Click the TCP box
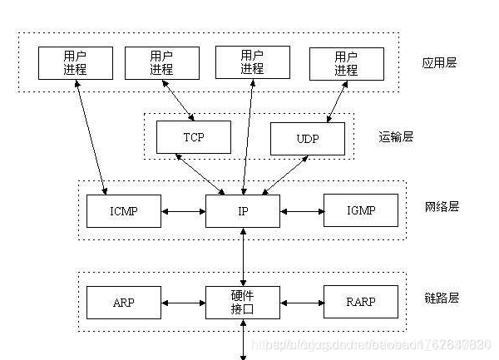(x=193, y=136)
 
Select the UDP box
(x=307, y=138)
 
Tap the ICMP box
(x=123, y=211)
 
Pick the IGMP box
(x=359, y=211)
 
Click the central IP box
(x=242, y=211)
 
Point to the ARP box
(x=123, y=303)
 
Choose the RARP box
(x=359, y=303)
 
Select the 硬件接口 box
(x=242, y=303)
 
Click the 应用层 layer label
(x=438, y=62)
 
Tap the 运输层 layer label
(x=395, y=136)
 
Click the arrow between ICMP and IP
(x=183, y=211)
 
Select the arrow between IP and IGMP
(x=301, y=211)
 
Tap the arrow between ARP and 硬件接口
(x=183, y=303)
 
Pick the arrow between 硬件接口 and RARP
(x=301, y=303)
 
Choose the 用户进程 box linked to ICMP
(x=75, y=62)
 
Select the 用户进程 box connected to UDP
(x=346, y=63)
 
